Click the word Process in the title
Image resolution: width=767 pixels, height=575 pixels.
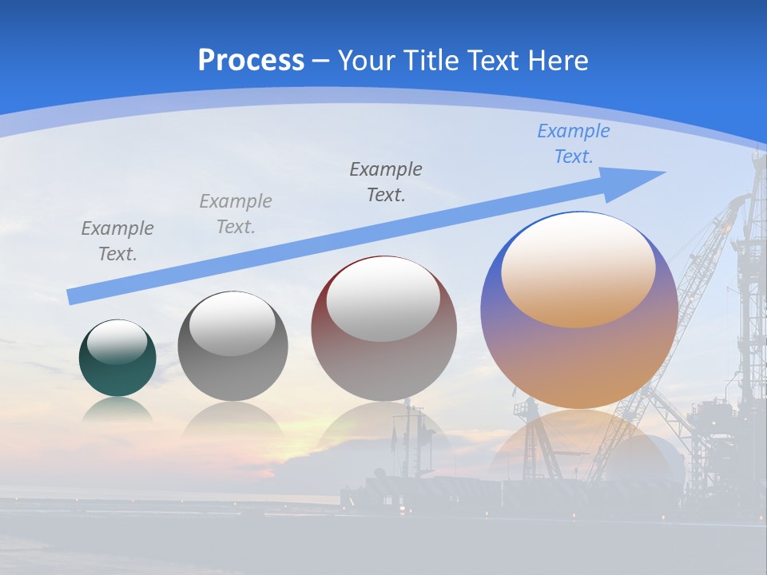pyautogui.click(x=251, y=61)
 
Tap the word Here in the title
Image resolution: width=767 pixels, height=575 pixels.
pyautogui.click(x=557, y=61)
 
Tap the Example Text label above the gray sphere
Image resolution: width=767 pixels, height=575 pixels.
pyautogui.click(x=236, y=214)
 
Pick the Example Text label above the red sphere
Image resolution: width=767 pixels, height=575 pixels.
pyautogui.click(x=386, y=181)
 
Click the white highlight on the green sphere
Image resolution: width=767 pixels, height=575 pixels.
pyautogui.click(x=117, y=343)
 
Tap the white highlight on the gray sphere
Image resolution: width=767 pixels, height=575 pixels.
pyautogui.click(x=232, y=324)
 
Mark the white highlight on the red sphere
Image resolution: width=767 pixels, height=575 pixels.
pyautogui.click(x=383, y=300)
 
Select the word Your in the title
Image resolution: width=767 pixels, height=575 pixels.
pyautogui.click(x=367, y=61)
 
